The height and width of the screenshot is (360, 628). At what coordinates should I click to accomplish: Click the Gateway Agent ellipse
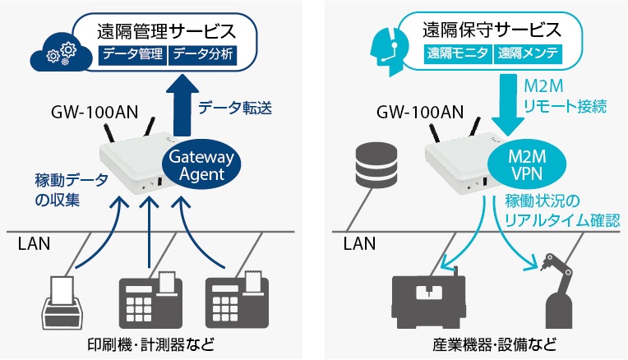coord(201,165)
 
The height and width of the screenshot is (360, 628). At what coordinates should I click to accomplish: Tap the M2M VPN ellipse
coord(527,165)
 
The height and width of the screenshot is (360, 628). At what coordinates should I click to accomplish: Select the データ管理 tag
coord(132,54)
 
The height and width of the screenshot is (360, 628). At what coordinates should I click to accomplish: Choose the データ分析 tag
coord(203,54)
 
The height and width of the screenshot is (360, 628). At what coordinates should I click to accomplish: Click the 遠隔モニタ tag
coord(458,53)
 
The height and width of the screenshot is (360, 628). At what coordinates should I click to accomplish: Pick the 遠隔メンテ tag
coord(529,53)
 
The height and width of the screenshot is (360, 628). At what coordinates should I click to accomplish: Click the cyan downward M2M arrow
coord(508,105)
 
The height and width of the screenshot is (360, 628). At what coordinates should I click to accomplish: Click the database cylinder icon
coord(376,165)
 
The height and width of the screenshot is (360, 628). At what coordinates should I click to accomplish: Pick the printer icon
coord(62,302)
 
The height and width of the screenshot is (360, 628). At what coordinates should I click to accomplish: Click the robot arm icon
coord(559,291)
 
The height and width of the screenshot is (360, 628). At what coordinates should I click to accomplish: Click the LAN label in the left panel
coord(34,244)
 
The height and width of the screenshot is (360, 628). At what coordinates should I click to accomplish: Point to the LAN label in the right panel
coord(360,244)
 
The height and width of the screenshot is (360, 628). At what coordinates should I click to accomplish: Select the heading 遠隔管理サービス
coord(166,31)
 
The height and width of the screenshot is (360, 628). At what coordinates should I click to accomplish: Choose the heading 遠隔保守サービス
coord(492,30)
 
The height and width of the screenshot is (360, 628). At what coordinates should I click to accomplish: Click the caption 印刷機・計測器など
coord(151,344)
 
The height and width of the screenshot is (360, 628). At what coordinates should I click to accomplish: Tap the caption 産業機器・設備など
coord(495,344)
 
